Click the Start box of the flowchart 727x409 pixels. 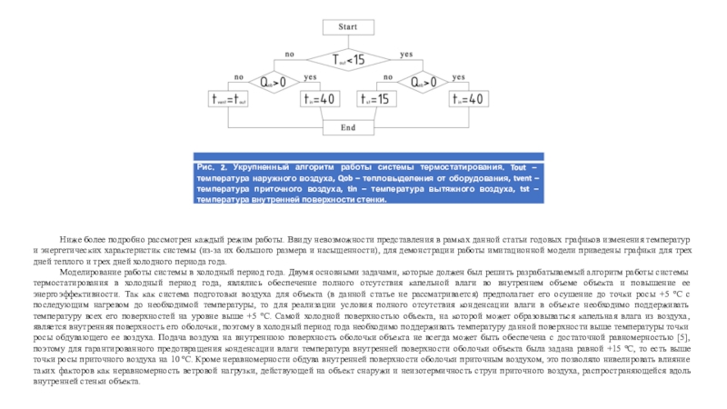click(348, 28)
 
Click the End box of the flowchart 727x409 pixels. click(348, 127)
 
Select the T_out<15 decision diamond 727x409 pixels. click(348, 60)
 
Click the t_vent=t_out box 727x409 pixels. click(229, 98)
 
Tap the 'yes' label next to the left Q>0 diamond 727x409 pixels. click(311, 76)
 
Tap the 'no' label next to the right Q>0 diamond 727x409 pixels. click(388, 76)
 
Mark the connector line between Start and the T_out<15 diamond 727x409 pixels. click(348, 41)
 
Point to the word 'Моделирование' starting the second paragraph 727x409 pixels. click(86, 272)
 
